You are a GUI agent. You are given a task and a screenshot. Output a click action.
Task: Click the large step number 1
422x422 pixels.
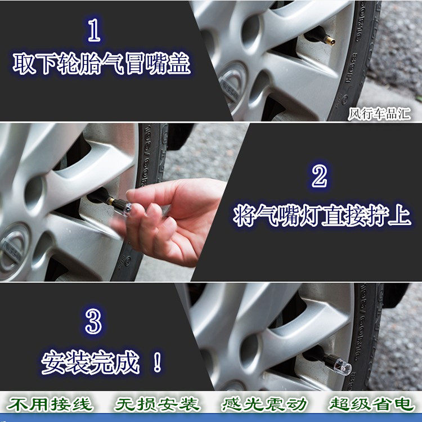94,30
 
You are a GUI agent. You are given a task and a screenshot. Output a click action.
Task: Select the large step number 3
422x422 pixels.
93,321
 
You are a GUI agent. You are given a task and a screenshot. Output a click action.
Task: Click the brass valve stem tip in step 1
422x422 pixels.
330,41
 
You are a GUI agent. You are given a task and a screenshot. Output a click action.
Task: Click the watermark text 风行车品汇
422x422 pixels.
379,114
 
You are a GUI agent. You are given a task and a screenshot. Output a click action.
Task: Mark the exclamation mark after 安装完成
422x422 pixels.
157,362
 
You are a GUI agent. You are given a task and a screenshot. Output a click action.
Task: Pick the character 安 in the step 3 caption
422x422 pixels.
53,362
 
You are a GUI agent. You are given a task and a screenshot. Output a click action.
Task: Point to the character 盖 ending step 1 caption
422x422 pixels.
179,64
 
